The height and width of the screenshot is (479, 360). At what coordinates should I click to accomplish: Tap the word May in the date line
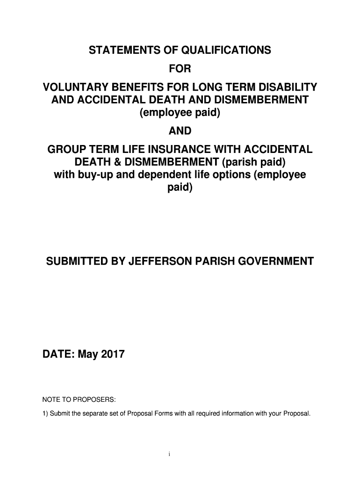click(x=88, y=355)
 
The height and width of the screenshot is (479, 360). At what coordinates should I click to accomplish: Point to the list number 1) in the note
click(x=45, y=414)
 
